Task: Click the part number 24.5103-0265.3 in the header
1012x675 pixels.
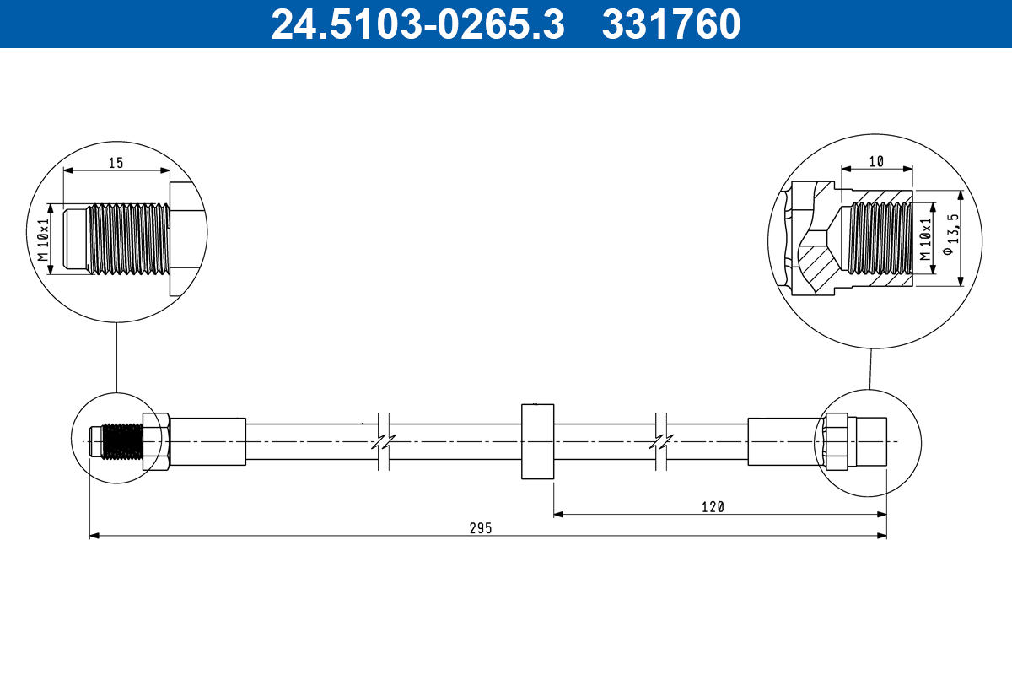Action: pyautogui.click(x=417, y=24)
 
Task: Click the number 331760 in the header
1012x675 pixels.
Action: pyautogui.click(x=671, y=24)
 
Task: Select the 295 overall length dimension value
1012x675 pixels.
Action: pyautogui.click(x=481, y=528)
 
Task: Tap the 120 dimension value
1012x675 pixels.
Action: pyautogui.click(x=713, y=506)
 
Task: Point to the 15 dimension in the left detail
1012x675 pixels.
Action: pyautogui.click(x=116, y=163)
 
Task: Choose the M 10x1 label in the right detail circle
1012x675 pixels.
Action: pyautogui.click(x=925, y=238)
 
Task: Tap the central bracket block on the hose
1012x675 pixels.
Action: pyautogui.click(x=537, y=442)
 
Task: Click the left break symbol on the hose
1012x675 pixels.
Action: pyautogui.click(x=383, y=442)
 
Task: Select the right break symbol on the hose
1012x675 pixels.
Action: pyautogui.click(x=662, y=442)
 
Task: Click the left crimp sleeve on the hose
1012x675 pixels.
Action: pyautogui.click(x=208, y=442)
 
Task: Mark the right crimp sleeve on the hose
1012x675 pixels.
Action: pyautogui.click(x=783, y=442)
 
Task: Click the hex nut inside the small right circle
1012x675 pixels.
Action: pyautogui.click(x=837, y=441)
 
